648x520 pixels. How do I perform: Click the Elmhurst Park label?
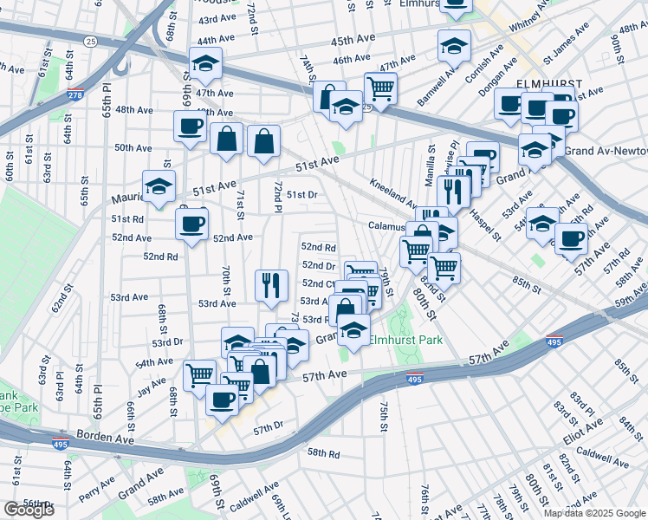coord(405,340)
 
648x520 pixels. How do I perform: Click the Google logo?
coord(29,509)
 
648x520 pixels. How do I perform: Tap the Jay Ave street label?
coord(151,385)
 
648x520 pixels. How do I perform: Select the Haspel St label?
coord(484,228)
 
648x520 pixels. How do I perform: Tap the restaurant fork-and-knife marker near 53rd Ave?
coord(271,283)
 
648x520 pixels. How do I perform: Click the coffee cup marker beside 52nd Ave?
coord(191,224)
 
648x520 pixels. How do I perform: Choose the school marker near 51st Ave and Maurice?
coord(159,185)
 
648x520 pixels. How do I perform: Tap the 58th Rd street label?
coord(323,452)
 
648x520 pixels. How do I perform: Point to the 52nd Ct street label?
coord(320,283)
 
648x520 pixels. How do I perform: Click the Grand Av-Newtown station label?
coord(606,150)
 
